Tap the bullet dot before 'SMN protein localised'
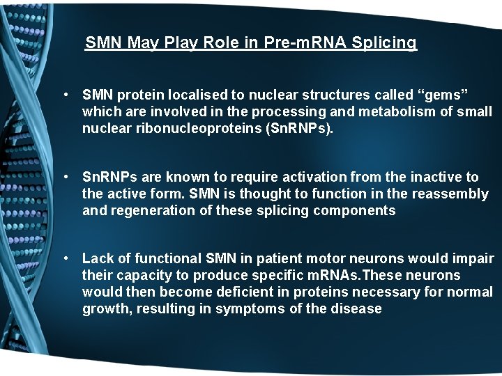tap(64, 94)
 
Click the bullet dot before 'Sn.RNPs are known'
tap(64, 177)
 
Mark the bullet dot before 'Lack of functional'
tap(64, 259)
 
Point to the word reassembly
tap(451, 194)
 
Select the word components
tap(356, 211)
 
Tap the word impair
tap(473, 259)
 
